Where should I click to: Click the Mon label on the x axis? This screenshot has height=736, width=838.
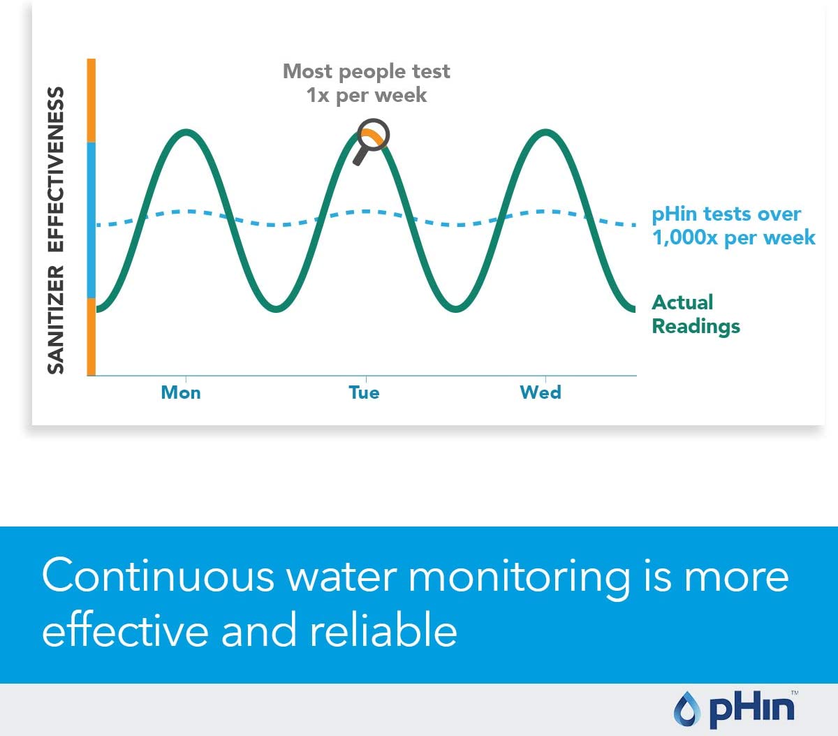click(x=181, y=392)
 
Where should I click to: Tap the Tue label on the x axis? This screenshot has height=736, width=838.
click(x=364, y=392)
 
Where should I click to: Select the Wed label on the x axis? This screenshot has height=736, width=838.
click(x=541, y=392)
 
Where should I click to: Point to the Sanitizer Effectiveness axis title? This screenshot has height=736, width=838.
click(x=56, y=230)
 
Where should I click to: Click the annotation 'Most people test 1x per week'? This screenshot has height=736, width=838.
click(x=366, y=83)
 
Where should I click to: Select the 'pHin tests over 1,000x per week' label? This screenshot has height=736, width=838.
click(x=733, y=226)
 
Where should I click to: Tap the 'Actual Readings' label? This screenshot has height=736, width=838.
click(x=696, y=314)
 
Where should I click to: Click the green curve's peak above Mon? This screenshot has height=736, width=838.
click(x=186, y=132)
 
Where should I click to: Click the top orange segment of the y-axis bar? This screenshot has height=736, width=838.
click(x=91, y=101)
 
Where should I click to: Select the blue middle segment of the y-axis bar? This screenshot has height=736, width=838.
click(x=91, y=220)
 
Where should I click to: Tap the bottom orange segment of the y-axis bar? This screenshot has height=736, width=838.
click(x=91, y=337)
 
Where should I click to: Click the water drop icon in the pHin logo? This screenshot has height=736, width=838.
click(x=687, y=709)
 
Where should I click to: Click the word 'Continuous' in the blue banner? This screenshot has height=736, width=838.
click(x=158, y=577)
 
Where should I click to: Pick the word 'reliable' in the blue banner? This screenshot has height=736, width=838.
click(x=383, y=631)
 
